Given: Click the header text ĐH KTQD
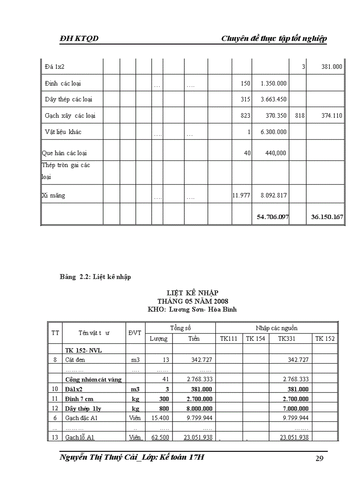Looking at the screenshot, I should pyautogui.click(x=79, y=39).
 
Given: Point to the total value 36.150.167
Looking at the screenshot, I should pyautogui.click(x=327, y=217).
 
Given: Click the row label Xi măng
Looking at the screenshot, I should pyautogui.click(x=53, y=195).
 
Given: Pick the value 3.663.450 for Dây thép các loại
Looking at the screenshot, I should pyautogui.click(x=274, y=100).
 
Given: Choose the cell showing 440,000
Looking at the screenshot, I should pyautogui.click(x=275, y=153).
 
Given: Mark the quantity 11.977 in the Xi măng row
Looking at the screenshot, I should pyautogui.click(x=241, y=195).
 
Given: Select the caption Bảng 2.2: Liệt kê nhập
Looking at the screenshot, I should pyautogui.click(x=95, y=277).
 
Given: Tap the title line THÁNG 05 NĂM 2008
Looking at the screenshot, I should pyautogui.click(x=192, y=301).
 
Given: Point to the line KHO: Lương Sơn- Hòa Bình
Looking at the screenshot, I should pyautogui.click(x=192, y=309).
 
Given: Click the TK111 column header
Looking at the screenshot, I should pyautogui.click(x=229, y=339).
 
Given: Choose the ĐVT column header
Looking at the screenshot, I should pyautogui.click(x=135, y=333).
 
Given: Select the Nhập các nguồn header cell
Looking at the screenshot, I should pyautogui.click(x=277, y=328).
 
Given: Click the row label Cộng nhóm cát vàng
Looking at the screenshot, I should pyautogui.click(x=94, y=379).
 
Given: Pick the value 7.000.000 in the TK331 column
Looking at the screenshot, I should pyautogui.click(x=295, y=409).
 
